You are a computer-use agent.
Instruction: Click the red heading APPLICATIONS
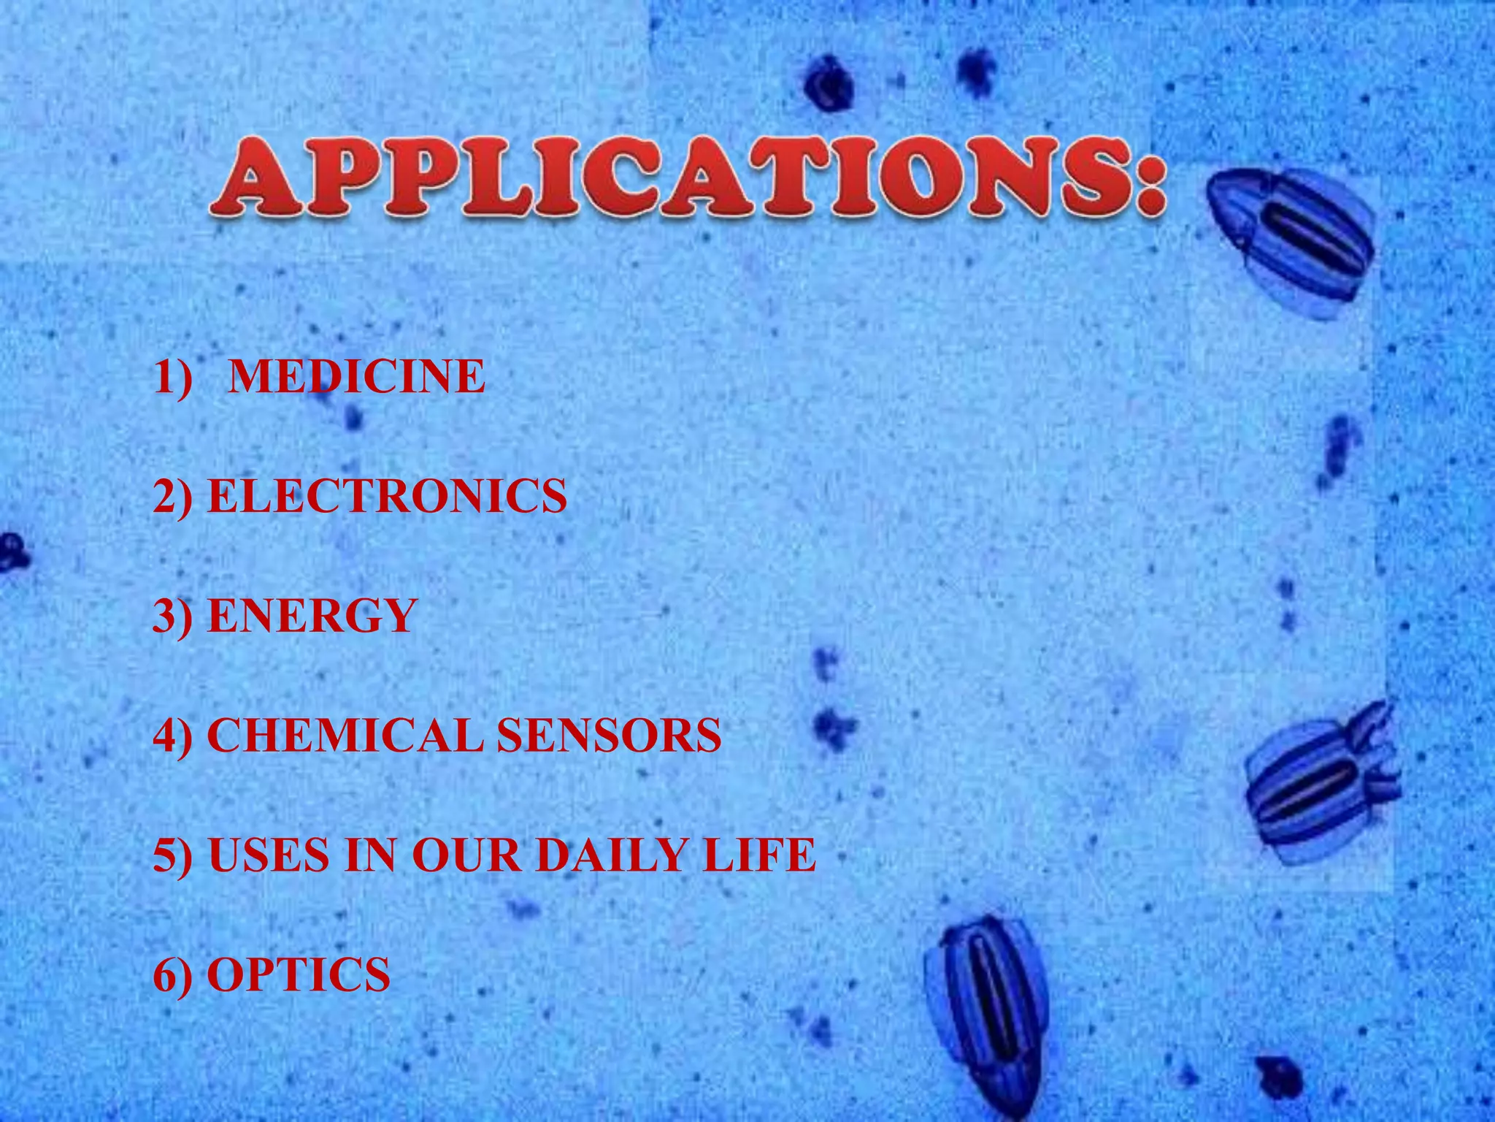(672, 178)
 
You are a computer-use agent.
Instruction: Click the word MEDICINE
(356, 377)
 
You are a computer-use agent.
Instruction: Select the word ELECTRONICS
(387, 496)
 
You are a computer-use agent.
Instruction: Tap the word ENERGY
(312, 616)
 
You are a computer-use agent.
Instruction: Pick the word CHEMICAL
(345, 735)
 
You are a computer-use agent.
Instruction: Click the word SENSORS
(610, 735)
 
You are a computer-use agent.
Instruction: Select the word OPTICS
(299, 974)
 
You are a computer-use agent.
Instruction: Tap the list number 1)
(173, 377)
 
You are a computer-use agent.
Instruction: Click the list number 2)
(173, 496)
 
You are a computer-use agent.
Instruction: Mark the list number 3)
(173, 616)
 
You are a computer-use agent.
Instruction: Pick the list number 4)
(173, 735)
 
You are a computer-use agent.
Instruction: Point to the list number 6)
(173, 974)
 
